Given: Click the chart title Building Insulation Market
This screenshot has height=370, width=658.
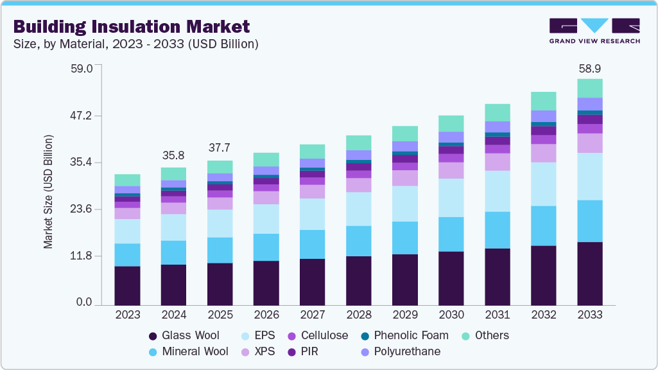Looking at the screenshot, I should tap(132, 26).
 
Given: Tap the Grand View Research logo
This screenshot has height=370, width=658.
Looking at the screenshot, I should tap(594, 31).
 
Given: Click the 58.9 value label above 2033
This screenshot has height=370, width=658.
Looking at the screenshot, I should tap(589, 68).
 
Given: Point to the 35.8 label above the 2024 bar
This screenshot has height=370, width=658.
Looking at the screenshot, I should tap(173, 155).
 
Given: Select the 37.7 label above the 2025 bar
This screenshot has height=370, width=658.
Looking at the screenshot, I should tap(220, 148).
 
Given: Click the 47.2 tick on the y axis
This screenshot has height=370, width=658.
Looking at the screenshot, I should tap(82, 116).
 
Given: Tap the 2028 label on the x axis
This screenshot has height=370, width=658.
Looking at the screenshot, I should tap(358, 315).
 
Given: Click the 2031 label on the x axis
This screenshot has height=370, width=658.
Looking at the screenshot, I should tap(497, 315).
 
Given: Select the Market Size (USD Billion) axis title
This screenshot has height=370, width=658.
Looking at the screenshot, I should tap(48, 191).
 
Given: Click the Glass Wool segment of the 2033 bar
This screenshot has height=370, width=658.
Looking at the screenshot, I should tap(589, 273).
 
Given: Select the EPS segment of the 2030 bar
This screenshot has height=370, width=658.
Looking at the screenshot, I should tap(451, 197).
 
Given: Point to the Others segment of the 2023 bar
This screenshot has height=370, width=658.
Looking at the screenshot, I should tap(127, 180).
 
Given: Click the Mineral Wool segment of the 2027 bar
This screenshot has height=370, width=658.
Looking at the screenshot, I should tap(312, 244).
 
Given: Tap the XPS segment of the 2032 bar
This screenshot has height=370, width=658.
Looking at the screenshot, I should tap(543, 153).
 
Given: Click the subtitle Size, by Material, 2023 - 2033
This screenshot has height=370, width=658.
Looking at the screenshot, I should tap(135, 44).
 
